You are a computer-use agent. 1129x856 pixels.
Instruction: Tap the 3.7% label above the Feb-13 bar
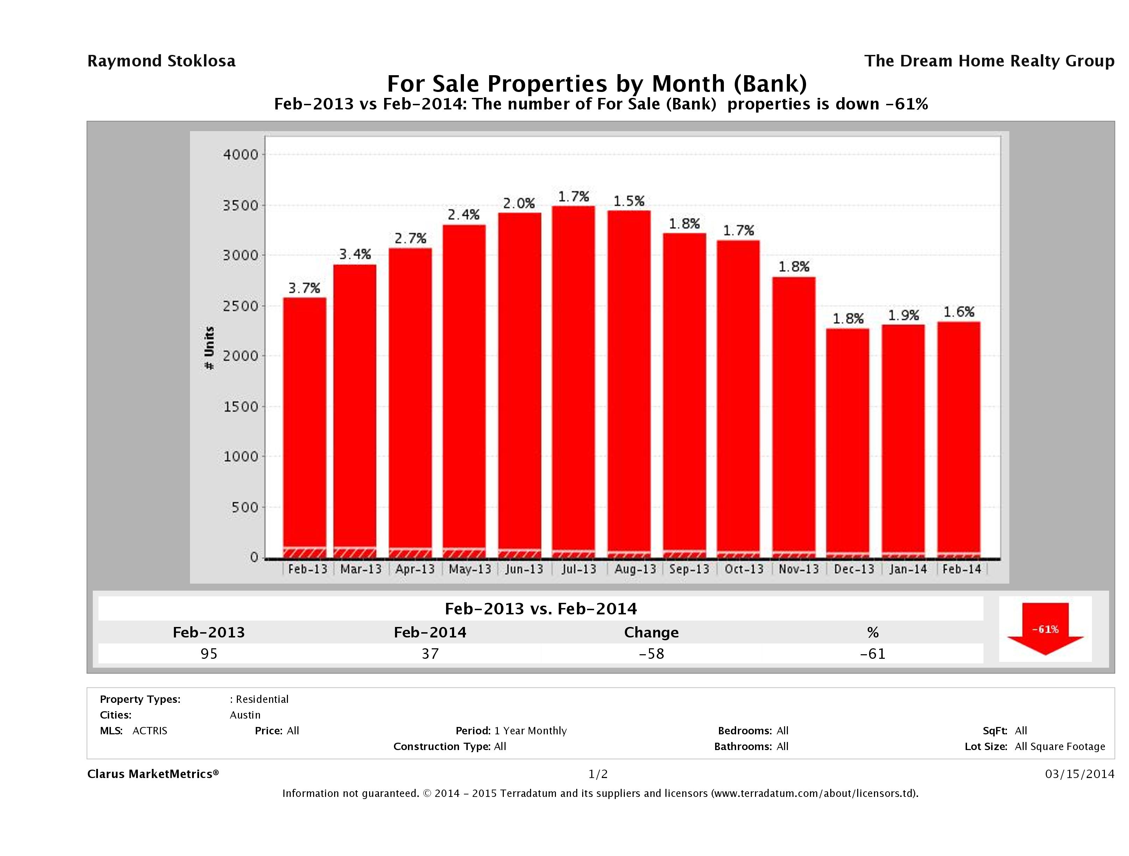pyautogui.click(x=304, y=288)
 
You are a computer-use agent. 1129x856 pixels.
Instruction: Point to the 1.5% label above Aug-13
pyautogui.click(x=629, y=201)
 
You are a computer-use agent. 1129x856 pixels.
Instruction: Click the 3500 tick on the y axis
pyautogui.click(x=241, y=206)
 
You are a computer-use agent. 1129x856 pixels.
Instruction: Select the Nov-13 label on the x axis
pyautogui.click(x=799, y=569)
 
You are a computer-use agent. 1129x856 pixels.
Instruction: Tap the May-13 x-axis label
pyautogui.click(x=470, y=569)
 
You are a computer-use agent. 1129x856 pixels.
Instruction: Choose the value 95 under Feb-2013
pyautogui.click(x=209, y=654)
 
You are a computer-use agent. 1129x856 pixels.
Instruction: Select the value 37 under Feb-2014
pyautogui.click(x=430, y=654)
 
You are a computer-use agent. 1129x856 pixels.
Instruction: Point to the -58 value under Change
pyautogui.click(x=651, y=654)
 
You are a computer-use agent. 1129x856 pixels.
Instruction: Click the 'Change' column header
pyautogui.click(x=651, y=633)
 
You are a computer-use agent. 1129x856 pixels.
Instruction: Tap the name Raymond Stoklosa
pyautogui.click(x=161, y=61)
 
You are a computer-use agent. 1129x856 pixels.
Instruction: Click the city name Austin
pyautogui.click(x=245, y=715)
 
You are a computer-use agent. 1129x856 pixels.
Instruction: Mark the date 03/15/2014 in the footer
pyautogui.click(x=1079, y=774)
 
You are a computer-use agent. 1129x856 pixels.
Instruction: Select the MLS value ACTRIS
pyautogui.click(x=149, y=730)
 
